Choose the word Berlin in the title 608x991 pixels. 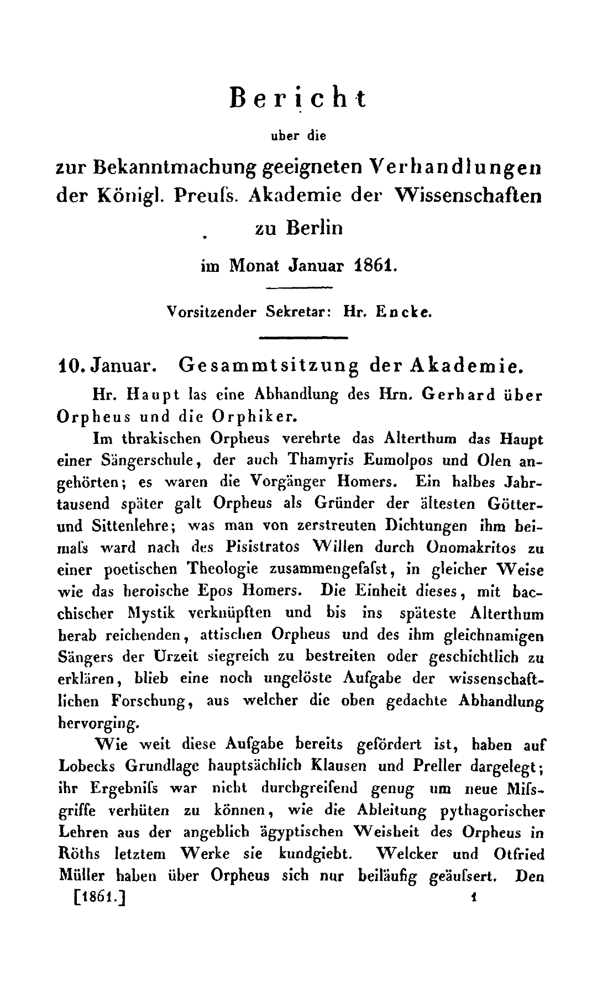314,228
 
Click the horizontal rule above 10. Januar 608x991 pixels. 302,337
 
